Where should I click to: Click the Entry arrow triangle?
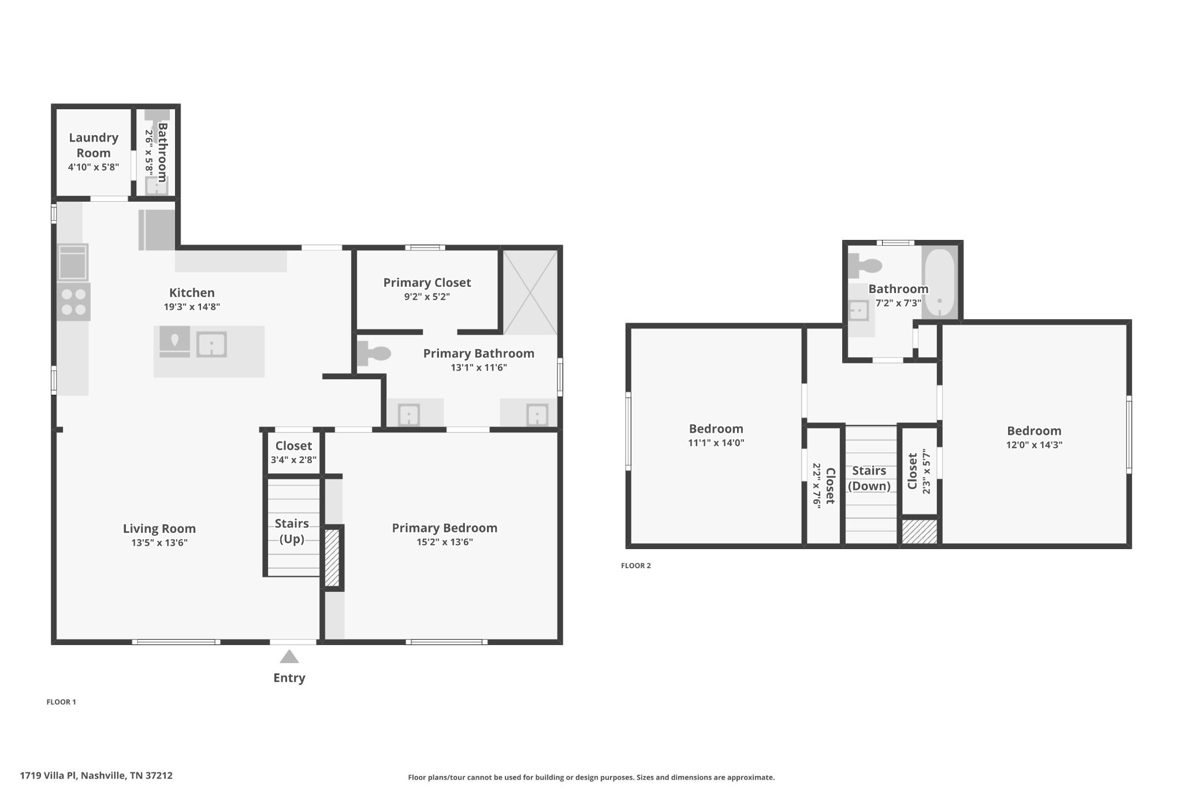click(x=289, y=657)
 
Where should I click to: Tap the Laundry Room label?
click(x=94, y=145)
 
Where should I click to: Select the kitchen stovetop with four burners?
click(x=73, y=302)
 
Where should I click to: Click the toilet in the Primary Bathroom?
click(x=373, y=353)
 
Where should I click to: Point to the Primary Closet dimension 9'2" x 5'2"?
click(x=427, y=297)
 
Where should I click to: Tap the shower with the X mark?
click(x=530, y=292)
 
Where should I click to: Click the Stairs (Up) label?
click(x=292, y=531)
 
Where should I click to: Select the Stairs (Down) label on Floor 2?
click(x=869, y=478)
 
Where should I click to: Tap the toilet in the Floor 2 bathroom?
click(x=865, y=266)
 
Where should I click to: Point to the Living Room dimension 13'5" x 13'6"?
click(x=159, y=543)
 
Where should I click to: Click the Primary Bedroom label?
click(x=444, y=528)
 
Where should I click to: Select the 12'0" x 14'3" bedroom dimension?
click(x=1034, y=445)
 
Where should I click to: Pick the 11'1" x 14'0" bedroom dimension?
click(x=716, y=443)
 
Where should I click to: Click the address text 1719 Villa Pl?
click(x=49, y=776)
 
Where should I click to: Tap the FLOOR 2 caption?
click(x=636, y=566)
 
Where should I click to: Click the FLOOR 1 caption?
click(x=61, y=702)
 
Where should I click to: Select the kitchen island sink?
click(x=211, y=345)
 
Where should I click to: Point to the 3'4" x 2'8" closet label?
click(x=293, y=460)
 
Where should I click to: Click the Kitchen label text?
click(x=192, y=292)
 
